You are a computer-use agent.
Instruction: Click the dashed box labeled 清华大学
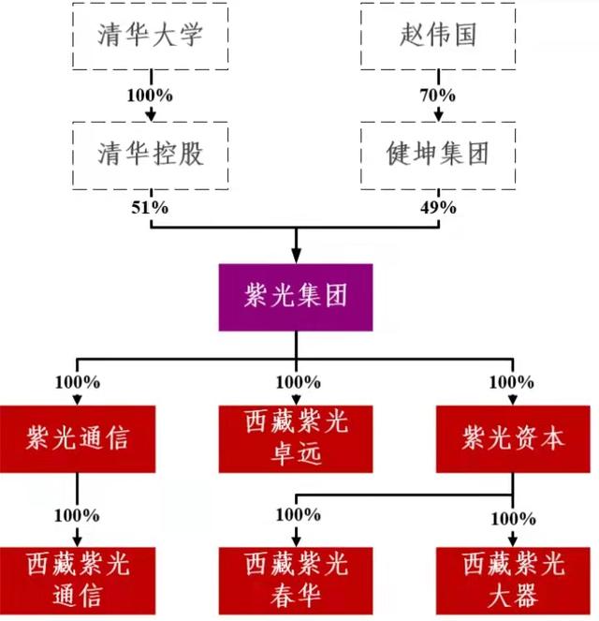(x=150, y=36)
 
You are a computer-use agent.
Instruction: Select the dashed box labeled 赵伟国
(x=437, y=36)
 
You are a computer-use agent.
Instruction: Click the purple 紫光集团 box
(x=296, y=298)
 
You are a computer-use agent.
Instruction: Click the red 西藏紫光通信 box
(x=78, y=581)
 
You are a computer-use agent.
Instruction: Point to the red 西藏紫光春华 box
(x=296, y=581)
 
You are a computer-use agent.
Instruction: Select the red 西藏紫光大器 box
(x=513, y=581)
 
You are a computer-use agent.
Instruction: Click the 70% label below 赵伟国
(x=437, y=96)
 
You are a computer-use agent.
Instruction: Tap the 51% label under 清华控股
(x=149, y=208)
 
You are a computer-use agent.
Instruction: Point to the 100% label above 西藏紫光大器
(x=513, y=518)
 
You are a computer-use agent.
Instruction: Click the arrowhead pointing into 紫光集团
(x=297, y=256)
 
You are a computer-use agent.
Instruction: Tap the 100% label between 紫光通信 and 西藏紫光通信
(x=78, y=515)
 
